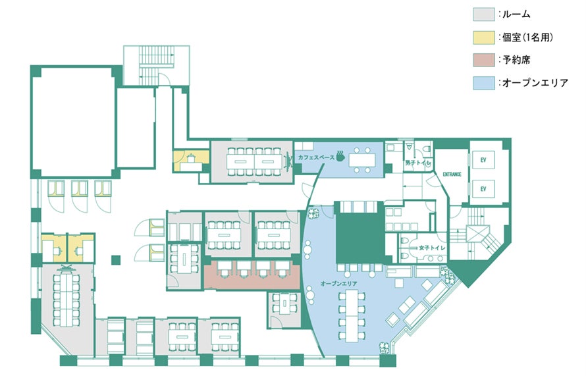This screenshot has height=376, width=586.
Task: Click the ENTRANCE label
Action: pos(452,174)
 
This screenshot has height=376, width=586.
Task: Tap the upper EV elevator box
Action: pos(483,160)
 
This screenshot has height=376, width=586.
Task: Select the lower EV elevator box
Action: pos(483,189)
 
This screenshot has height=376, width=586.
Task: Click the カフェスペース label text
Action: pos(316,157)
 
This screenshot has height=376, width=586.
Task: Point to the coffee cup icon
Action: pos(340,155)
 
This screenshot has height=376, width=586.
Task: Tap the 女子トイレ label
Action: pos(432,248)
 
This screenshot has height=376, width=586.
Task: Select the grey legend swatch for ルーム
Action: pos(483,14)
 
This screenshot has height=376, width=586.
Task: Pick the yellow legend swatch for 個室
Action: pos(483,37)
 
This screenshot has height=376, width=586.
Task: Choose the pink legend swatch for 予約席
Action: pos(483,60)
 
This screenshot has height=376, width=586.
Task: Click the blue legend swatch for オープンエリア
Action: pos(483,82)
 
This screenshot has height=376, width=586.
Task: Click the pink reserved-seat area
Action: pos(252,275)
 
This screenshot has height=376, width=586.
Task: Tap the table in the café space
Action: pos(362,160)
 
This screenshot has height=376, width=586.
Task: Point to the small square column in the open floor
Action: pos(116,259)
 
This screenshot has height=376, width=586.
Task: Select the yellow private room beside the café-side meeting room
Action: pos(191,161)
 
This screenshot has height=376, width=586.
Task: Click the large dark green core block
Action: pos(360,234)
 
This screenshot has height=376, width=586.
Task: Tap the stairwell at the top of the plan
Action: pos(157,65)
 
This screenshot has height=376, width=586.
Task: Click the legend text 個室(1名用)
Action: pos(527,38)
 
